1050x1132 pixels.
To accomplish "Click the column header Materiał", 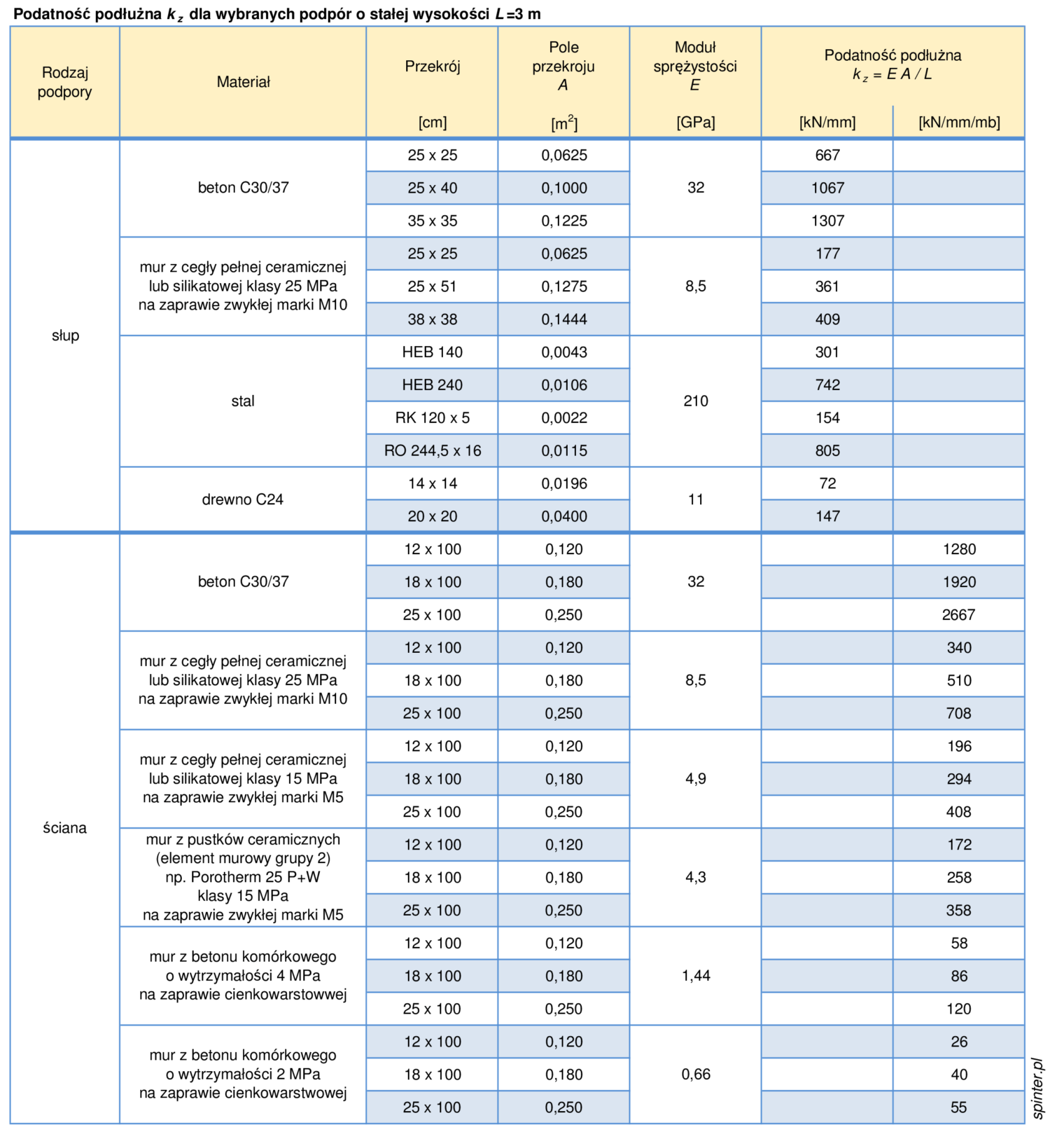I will point(243,82).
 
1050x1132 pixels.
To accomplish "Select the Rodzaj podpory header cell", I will point(64,82).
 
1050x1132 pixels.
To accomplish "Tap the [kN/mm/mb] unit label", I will point(958,123).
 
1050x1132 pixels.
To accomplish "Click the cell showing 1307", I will point(827,221).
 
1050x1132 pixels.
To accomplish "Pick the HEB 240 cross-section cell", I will point(432,385).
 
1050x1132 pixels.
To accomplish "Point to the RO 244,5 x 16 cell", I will point(432,450).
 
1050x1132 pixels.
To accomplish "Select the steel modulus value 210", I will point(695,401).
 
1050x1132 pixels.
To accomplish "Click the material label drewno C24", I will point(242,499).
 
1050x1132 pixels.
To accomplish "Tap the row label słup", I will point(65,336).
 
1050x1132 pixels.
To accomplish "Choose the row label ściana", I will point(64,828).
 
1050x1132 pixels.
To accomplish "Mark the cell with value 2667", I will point(958,614).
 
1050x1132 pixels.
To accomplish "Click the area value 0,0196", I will point(563,483).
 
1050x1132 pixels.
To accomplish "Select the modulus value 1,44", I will point(695,976).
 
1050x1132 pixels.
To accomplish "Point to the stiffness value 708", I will point(958,713).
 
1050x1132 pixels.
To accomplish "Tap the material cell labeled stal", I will point(242,401).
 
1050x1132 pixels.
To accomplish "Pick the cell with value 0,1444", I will point(563,319).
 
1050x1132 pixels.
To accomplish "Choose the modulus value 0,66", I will point(695,1075).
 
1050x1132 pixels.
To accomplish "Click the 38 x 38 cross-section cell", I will point(432,319).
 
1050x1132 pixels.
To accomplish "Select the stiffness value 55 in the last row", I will point(958,1107).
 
